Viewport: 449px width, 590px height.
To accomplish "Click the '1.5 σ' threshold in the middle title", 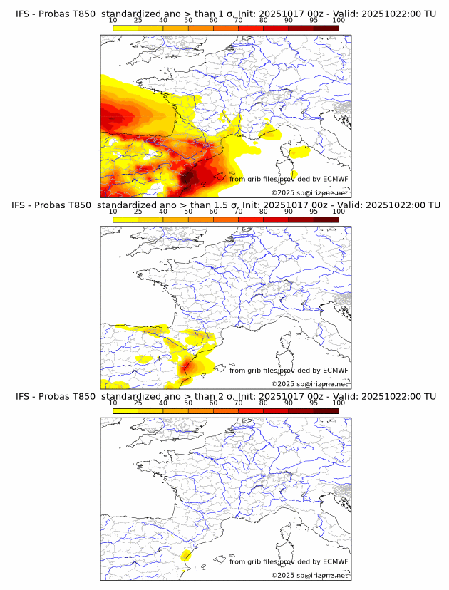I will click(x=231, y=205).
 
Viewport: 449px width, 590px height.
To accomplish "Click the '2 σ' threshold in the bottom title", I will click(x=227, y=396).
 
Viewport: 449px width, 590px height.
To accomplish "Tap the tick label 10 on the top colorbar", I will click(x=113, y=21).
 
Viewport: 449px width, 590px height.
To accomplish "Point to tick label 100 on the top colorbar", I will click(x=339, y=21).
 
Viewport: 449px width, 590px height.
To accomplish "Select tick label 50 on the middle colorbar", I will click(x=188, y=212).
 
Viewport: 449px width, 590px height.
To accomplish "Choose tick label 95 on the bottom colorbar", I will click(x=314, y=403).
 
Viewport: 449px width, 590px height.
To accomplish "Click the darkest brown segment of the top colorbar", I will click(x=326, y=28).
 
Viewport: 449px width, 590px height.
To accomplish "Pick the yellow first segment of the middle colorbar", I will click(x=125, y=219).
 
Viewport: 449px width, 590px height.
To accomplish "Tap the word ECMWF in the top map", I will click(x=335, y=179).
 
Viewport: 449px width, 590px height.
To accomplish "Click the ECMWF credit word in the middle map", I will click(x=335, y=370).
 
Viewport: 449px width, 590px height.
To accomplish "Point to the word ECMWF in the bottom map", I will click(x=335, y=561).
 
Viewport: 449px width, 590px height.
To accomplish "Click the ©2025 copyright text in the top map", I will click(x=283, y=193).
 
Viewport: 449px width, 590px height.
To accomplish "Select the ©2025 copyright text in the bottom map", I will click(x=283, y=575).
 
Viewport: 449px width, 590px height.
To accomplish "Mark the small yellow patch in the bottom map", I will click(x=186, y=554).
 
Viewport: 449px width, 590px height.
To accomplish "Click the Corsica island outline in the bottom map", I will click(x=291, y=534).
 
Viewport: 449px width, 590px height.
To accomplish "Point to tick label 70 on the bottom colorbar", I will click(x=238, y=403).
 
